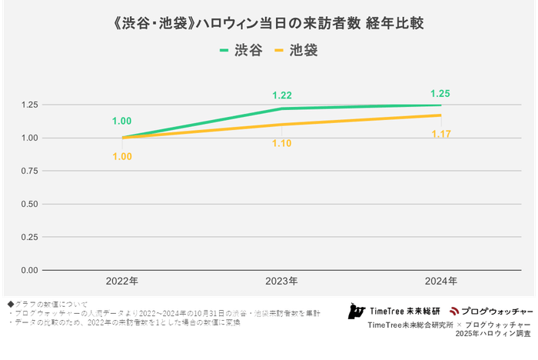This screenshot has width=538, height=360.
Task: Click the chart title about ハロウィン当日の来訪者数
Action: pos(268,24)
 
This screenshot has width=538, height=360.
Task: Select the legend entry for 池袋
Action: pos(296,51)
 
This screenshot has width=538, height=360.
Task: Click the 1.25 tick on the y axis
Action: pos(29,105)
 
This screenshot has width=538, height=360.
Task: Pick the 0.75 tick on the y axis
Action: pos(29,171)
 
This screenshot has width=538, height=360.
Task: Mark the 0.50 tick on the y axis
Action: pos(29,204)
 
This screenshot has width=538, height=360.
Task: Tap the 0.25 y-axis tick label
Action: pos(29,237)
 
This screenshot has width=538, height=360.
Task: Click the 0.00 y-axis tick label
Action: pos(29,270)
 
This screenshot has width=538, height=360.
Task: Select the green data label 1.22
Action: pos(281,95)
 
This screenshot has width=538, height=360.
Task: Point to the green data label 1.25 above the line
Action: pos(440,94)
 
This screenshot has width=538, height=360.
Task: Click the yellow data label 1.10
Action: pos(281,142)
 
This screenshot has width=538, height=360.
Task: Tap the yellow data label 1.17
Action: pos(440,134)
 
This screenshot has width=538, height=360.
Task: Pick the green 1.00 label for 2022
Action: pos(122,121)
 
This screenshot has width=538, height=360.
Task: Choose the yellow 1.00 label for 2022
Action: pos(122,156)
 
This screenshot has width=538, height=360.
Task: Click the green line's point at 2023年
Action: pos(281,109)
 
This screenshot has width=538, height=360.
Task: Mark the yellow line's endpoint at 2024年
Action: pos(440,115)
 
